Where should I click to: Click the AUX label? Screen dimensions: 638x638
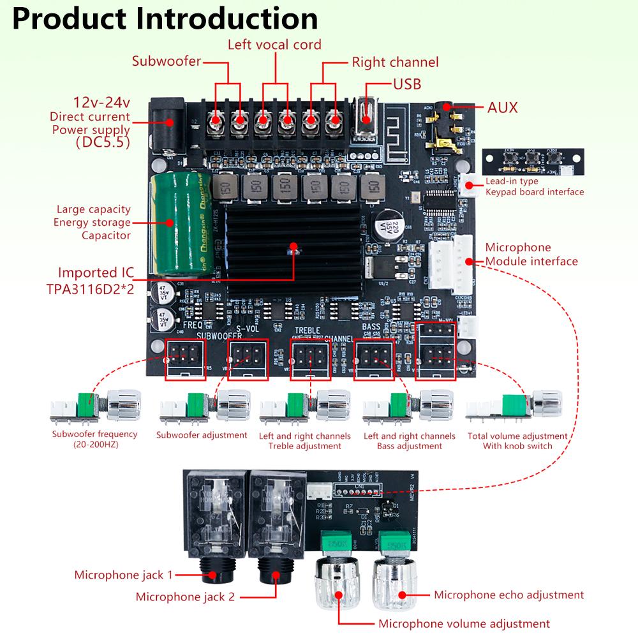click(x=502, y=108)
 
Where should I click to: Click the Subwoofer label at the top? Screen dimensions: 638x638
click(x=167, y=62)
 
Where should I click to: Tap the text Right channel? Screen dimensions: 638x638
click(x=395, y=63)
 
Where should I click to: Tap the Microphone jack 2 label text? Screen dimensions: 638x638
click(x=185, y=597)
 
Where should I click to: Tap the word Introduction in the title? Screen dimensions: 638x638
click(x=230, y=19)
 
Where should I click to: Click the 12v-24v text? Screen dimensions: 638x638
click(x=102, y=102)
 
